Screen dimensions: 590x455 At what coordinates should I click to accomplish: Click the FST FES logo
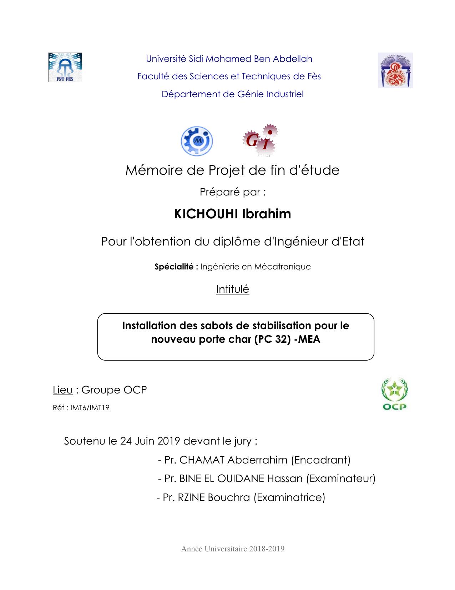pyautogui.click(x=65, y=67)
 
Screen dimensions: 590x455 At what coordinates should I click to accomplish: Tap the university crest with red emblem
pyautogui.click(x=395, y=70)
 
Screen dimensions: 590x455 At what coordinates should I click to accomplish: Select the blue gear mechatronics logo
pyautogui.click(x=197, y=141)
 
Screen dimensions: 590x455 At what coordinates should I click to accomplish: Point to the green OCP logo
pyautogui.click(x=394, y=394)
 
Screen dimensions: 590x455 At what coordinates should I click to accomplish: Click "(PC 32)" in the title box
pyautogui.click(x=272, y=339)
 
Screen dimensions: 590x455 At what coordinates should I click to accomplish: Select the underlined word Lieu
pyautogui.click(x=62, y=390)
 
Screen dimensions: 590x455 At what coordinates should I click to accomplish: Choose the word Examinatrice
pyautogui.click(x=289, y=497)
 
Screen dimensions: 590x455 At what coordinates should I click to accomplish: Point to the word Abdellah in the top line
pyautogui.click(x=292, y=59)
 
